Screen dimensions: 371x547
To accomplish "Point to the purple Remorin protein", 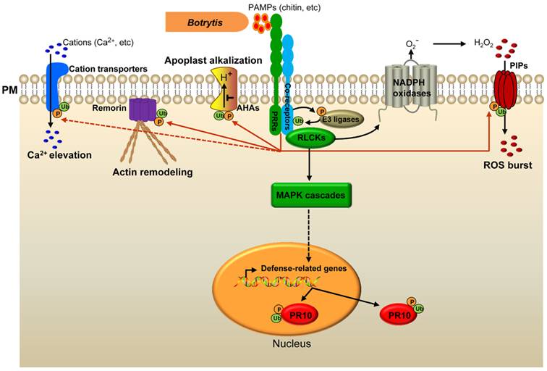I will [143, 110].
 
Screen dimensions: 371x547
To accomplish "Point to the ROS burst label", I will [507, 165].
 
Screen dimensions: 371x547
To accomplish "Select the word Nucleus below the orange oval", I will [292, 343].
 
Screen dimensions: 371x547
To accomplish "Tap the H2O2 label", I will [484, 43].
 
